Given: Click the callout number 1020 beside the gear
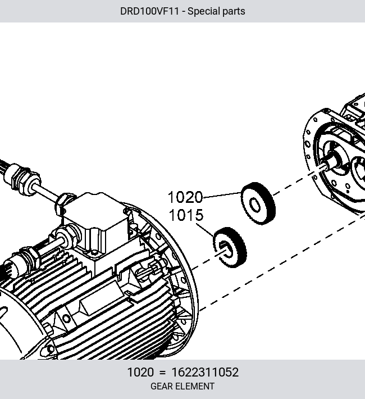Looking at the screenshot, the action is [185, 197].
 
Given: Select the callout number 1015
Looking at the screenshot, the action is [186, 215].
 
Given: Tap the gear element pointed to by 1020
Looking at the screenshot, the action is [258, 203].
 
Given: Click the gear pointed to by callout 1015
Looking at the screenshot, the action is [230, 247].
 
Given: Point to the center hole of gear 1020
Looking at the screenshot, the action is [255, 205].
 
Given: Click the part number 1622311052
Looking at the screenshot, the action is [206, 372].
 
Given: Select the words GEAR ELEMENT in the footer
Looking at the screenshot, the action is [182, 386].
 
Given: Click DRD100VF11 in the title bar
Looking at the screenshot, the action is [149, 11].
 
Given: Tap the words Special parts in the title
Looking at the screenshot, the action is [216, 11].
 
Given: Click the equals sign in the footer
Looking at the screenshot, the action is [162, 373].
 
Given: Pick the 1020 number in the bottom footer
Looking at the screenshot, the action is [140, 372].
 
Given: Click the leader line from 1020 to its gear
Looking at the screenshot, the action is [222, 195].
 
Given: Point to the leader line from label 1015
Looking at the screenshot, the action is [205, 230].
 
